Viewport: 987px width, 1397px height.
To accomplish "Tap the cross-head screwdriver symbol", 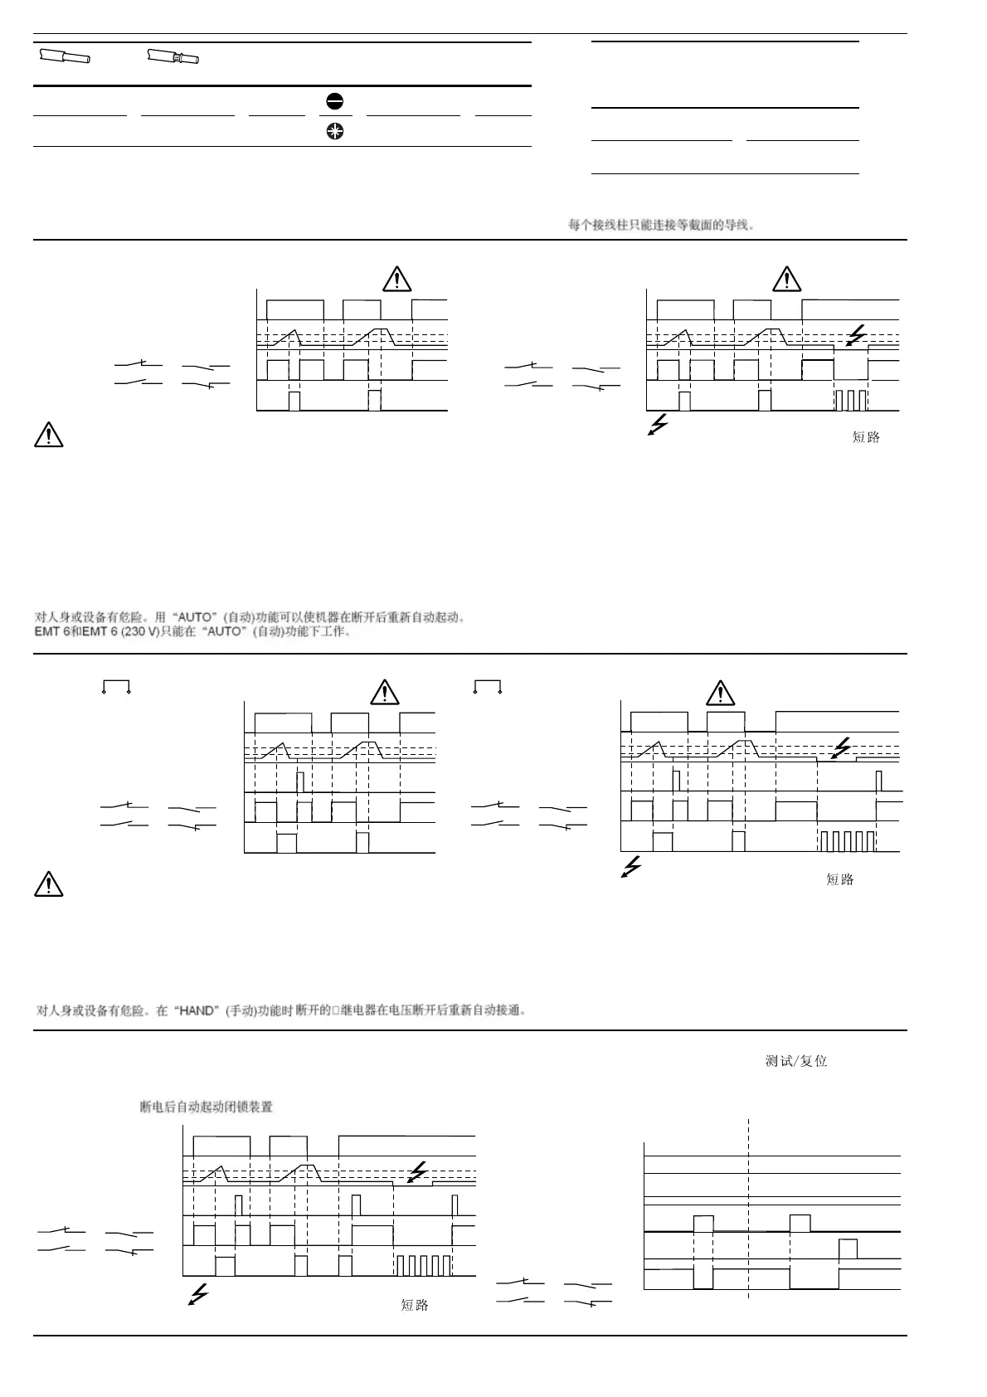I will [x=335, y=131].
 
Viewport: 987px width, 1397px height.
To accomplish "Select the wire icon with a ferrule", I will [x=173, y=58].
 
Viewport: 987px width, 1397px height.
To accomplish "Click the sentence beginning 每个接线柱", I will [x=661, y=225].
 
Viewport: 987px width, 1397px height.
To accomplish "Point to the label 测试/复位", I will [x=795, y=1061].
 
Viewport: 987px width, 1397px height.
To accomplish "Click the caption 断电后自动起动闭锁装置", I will [x=207, y=1107].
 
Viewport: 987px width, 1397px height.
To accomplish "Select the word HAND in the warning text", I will [x=197, y=1010].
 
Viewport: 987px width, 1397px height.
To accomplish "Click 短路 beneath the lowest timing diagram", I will [x=415, y=1305].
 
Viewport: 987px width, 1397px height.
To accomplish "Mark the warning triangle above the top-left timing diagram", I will [x=397, y=279].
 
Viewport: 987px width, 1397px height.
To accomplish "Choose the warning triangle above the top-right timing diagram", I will [x=786, y=279].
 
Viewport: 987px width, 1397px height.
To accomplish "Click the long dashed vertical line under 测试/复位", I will [x=749, y=1203].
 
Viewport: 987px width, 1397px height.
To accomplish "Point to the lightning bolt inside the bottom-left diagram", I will [x=419, y=1171].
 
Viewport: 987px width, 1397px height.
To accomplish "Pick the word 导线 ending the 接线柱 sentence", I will [x=737, y=225].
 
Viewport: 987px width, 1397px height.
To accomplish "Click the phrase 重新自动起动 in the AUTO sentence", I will [x=420, y=617].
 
